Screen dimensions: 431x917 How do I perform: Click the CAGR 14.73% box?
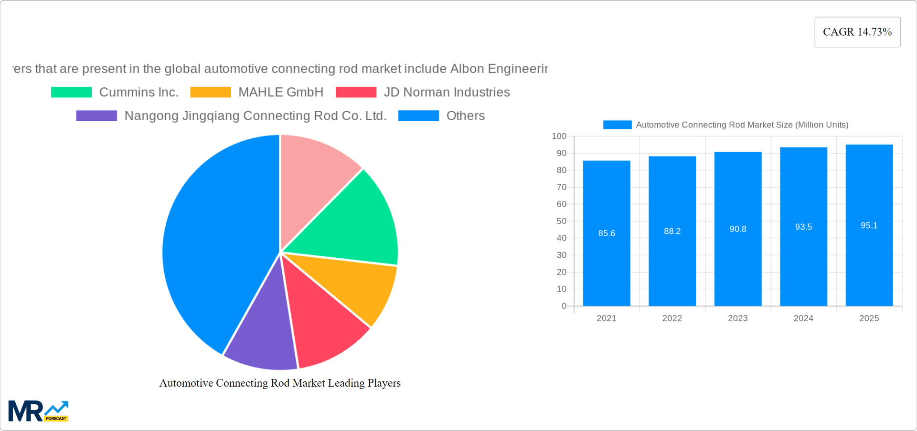click(x=857, y=32)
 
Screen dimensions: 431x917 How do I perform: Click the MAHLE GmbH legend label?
click(x=281, y=92)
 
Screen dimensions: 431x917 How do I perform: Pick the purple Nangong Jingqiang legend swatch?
click(x=96, y=116)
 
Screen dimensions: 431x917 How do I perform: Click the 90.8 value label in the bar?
click(x=737, y=229)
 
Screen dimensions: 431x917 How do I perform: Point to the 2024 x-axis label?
click(x=803, y=318)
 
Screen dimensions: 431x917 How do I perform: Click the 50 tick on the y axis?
click(x=561, y=221)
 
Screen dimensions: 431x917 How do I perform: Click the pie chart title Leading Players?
click(x=280, y=383)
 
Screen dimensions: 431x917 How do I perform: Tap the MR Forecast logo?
click(x=38, y=411)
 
